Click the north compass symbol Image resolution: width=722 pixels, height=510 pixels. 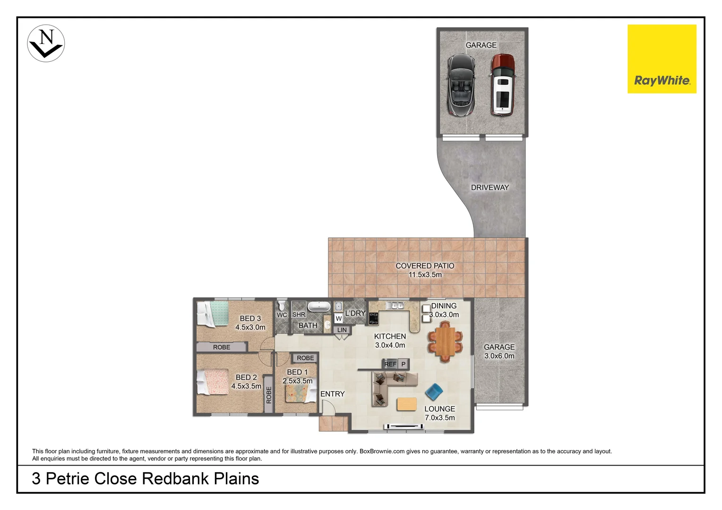(x=46, y=43)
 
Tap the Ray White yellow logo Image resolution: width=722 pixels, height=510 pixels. (x=662, y=59)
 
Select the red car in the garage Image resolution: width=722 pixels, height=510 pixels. (x=502, y=85)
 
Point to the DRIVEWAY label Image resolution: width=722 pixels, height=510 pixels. (x=490, y=187)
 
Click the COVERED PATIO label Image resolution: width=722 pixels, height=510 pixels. (x=425, y=266)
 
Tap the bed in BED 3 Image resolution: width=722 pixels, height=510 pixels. (x=213, y=314)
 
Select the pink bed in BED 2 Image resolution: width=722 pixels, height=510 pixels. (x=213, y=382)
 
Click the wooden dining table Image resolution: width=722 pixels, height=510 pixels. (x=445, y=342)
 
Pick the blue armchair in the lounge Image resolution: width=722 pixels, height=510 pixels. (x=434, y=391)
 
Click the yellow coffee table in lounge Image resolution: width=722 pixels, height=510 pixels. (x=406, y=404)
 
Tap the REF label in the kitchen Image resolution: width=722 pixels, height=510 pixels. (x=390, y=364)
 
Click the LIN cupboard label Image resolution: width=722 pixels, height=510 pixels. (x=342, y=330)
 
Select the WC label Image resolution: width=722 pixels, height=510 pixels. (x=282, y=315)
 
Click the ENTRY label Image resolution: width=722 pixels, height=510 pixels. (x=332, y=394)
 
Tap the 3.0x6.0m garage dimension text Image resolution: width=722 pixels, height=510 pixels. (x=499, y=356)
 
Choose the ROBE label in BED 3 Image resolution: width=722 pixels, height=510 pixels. (x=222, y=347)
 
